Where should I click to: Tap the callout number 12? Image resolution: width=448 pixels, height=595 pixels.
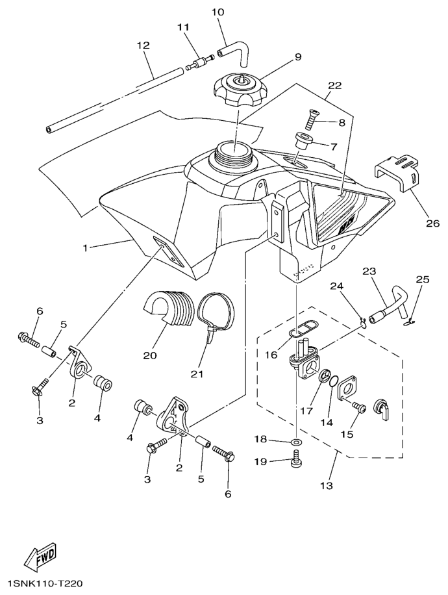pyautogui.click(x=143, y=45)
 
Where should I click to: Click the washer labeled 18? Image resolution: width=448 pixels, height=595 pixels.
pyautogui.click(x=295, y=442)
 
